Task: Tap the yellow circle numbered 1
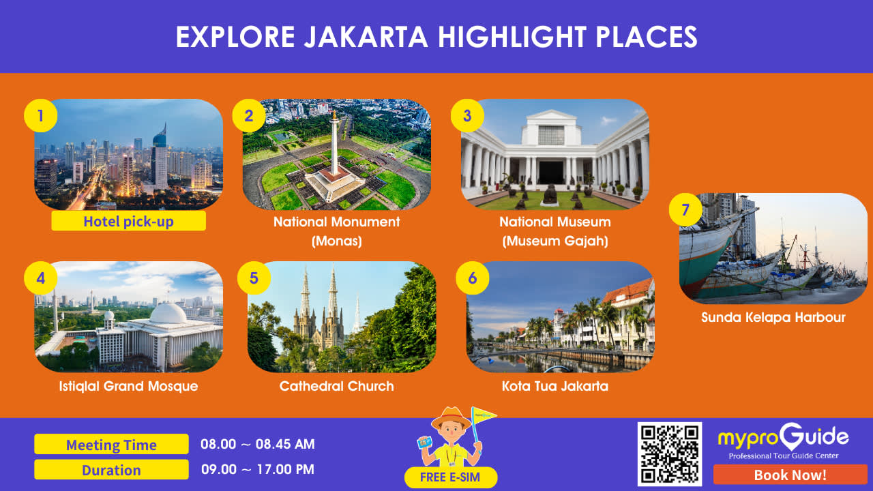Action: click(x=40, y=116)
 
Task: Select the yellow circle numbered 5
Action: click(x=254, y=278)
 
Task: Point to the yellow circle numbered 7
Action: click(x=685, y=209)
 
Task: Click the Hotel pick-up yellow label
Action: click(x=129, y=221)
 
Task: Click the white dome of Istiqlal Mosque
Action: click(x=168, y=313)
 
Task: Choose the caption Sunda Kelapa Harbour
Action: click(x=773, y=317)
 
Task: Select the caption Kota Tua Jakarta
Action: click(x=555, y=386)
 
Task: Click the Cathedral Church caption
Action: click(x=337, y=386)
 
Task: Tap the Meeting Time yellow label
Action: click(x=111, y=444)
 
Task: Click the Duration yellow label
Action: click(x=111, y=470)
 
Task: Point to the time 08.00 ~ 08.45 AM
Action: click(x=258, y=444)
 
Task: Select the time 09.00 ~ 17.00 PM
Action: click(x=258, y=469)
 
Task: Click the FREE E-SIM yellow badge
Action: click(x=451, y=477)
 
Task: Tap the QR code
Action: click(x=670, y=454)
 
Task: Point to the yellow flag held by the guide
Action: click(x=484, y=415)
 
